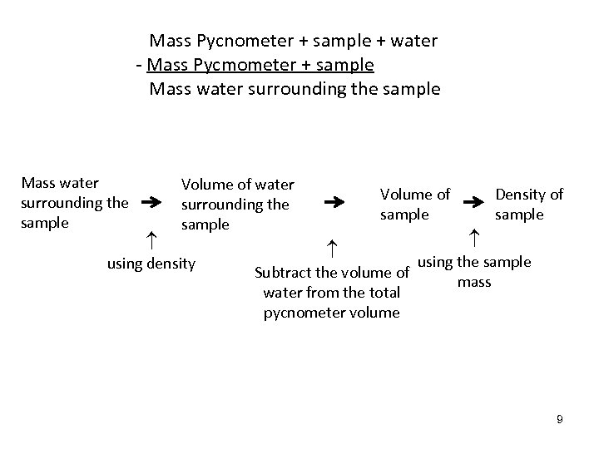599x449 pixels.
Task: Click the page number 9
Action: (560, 419)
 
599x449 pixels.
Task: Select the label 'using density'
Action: (151, 264)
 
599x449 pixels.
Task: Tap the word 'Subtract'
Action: (283, 272)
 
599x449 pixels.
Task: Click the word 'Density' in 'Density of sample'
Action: (521, 195)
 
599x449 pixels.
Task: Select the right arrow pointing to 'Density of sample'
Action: (475, 202)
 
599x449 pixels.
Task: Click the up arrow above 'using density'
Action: (151, 239)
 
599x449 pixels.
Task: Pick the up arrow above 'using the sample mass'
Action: (473, 239)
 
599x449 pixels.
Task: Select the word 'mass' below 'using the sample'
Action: (474, 282)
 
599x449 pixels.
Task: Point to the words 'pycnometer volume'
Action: (331, 313)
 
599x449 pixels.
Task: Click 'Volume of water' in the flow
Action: (237, 185)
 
